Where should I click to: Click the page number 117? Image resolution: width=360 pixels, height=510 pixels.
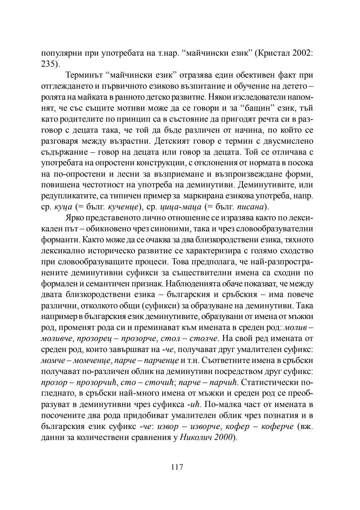177,467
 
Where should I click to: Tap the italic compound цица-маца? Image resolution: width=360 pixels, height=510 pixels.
185,207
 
